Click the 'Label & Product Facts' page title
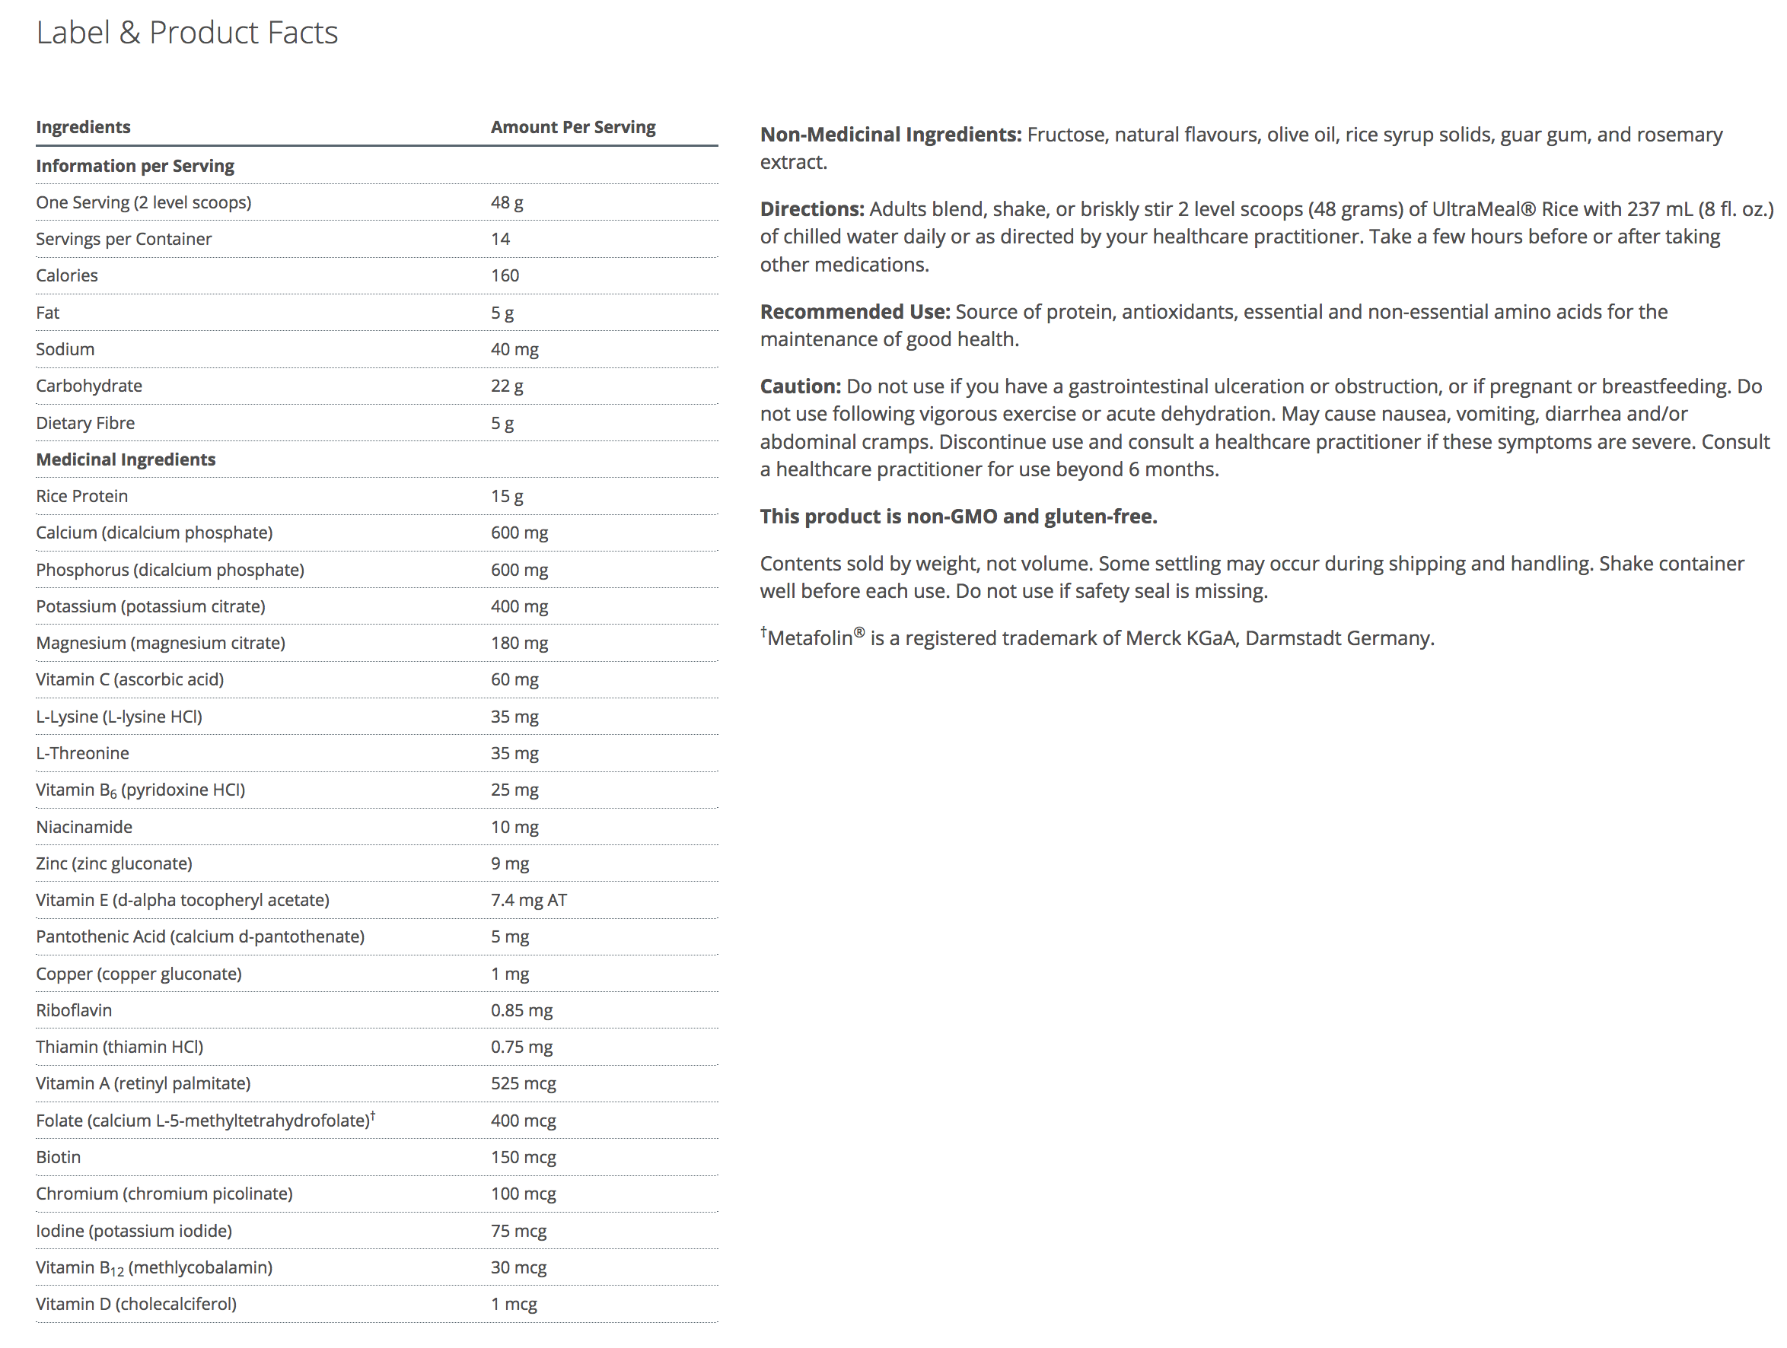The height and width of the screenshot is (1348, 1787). (x=186, y=32)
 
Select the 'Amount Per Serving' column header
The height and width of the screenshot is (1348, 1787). (x=573, y=127)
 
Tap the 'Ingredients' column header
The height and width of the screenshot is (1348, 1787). (x=83, y=127)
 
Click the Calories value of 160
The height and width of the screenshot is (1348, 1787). (x=505, y=275)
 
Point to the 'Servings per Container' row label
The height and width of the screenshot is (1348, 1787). (x=123, y=239)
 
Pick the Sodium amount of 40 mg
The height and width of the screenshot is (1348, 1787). (x=514, y=349)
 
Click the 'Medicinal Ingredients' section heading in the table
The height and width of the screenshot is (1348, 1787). (x=126, y=459)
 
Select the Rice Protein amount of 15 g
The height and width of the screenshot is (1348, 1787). (x=507, y=496)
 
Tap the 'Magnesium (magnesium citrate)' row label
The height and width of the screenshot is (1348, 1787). (x=161, y=643)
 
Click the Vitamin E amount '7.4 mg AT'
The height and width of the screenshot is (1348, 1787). (x=529, y=900)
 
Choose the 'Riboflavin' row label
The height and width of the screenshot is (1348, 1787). (x=75, y=1010)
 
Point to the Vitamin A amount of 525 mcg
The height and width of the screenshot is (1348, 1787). (x=524, y=1083)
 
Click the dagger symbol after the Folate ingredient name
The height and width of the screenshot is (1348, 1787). (x=373, y=1115)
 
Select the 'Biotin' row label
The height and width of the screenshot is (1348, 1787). (x=58, y=1156)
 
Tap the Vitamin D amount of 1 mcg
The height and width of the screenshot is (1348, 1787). (x=514, y=1304)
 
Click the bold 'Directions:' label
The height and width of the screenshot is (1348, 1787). (x=812, y=209)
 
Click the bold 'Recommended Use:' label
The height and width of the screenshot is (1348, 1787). (x=855, y=312)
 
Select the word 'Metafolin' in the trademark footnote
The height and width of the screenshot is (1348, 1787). (x=810, y=639)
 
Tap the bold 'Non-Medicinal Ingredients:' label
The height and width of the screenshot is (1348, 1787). (x=891, y=135)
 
